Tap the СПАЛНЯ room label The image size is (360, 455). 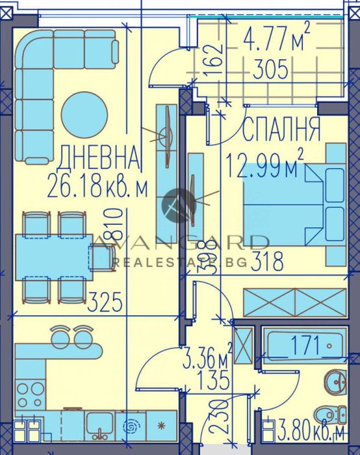(281, 130)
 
